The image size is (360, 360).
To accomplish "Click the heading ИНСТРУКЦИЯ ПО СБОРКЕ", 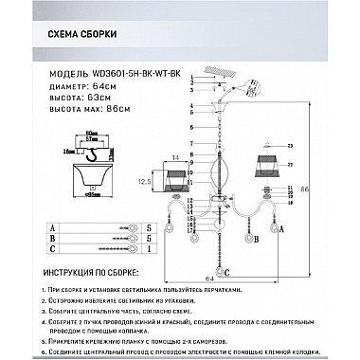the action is tap(92, 272).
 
